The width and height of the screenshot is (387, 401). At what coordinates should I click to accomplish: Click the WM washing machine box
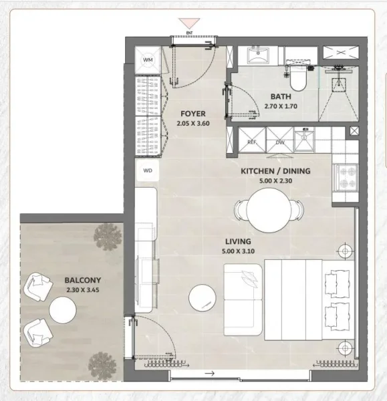pos(148,59)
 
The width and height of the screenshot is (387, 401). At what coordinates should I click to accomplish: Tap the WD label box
pos(147,170)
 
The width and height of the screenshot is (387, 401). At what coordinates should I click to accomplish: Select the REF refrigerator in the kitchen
pos(252,142)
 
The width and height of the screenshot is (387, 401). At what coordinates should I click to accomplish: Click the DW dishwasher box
pos(279,142)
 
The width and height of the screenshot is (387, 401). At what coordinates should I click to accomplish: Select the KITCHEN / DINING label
pos(275,171)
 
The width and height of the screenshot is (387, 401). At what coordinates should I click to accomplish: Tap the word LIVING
pos(238,241)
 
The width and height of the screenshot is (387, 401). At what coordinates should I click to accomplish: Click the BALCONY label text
pos(83,280)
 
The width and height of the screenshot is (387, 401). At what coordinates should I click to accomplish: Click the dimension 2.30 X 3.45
pos(83,290)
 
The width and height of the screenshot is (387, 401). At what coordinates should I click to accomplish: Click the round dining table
pos(267,209)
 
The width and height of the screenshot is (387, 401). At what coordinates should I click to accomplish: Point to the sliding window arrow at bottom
pos(211,374)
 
